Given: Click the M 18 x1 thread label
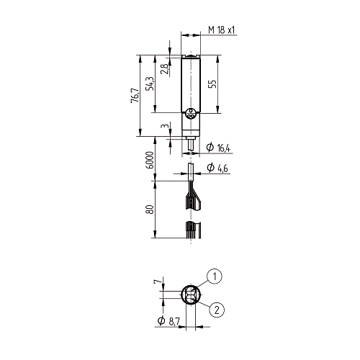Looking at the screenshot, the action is click(x=222, y=30).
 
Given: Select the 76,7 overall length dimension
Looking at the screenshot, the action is click(x=135, y=96).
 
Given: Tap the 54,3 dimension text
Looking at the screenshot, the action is click(x=150, y=84).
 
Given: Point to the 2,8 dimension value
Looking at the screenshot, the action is click(x=164, y=69).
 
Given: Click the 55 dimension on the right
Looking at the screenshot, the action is click(x=212, y=84).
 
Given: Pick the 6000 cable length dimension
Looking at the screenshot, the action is click(x=150, y=160).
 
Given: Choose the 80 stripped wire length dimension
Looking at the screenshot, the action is click(x=150, y=210).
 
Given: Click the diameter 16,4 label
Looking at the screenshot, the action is click(x=218, y=147).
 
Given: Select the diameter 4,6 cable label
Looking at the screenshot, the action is click(x=217, y=168).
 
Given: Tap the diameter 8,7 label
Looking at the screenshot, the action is click(x=168, y=321).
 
